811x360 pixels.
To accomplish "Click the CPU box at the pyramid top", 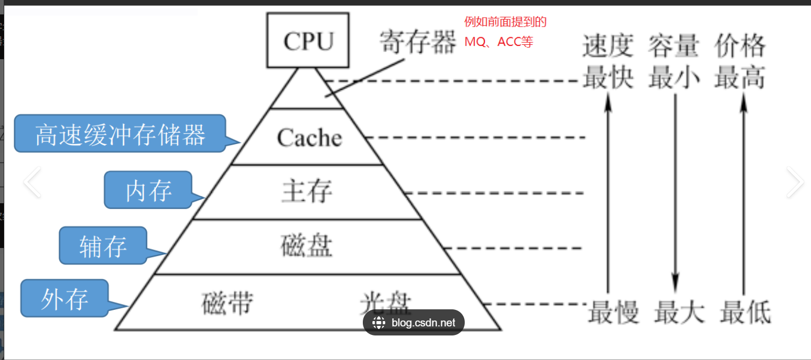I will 308,41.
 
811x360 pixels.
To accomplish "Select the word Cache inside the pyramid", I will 309,138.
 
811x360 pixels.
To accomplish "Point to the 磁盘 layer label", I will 306,246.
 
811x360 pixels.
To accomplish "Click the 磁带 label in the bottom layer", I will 227,303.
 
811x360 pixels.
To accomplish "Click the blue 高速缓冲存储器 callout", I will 120,134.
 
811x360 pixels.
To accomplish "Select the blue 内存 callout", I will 148,190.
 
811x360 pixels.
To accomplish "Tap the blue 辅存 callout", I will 103,246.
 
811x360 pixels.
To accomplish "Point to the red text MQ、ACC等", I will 498,42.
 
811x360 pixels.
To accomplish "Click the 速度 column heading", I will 608,46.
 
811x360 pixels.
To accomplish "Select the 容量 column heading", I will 673,46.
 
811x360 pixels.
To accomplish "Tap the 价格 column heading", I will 740,46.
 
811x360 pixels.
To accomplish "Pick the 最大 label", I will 679,312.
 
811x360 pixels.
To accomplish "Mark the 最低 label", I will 745,312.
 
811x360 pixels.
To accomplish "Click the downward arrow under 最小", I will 675,192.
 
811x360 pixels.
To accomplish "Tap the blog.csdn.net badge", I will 414,322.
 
